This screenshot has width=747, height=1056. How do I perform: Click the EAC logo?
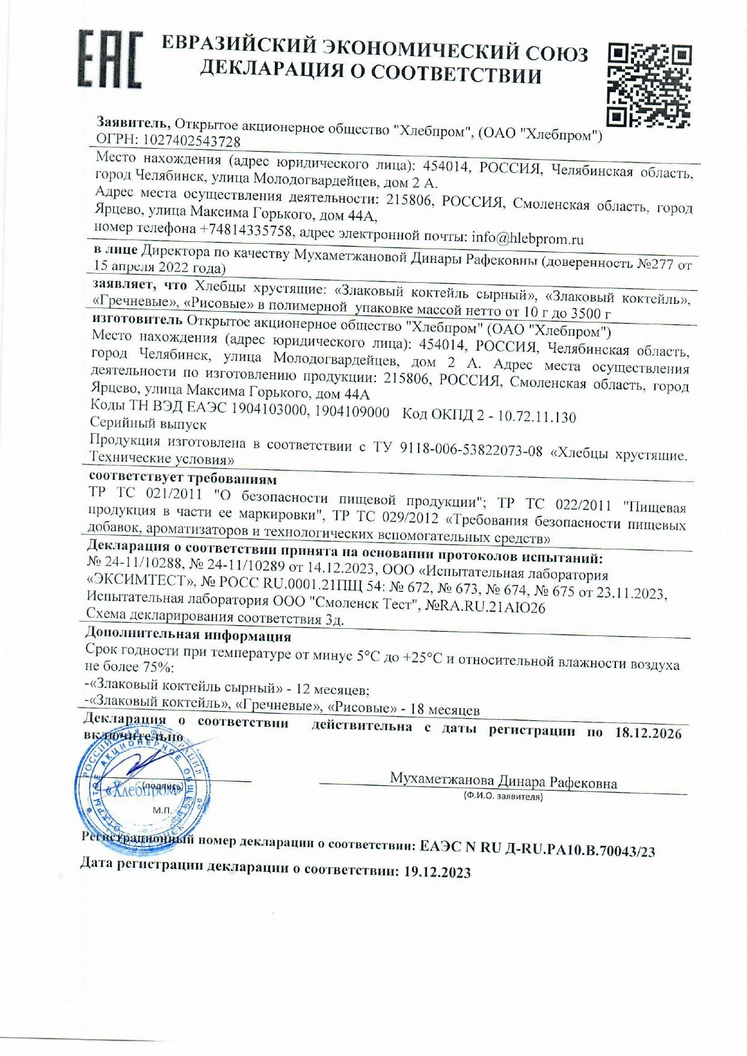109,59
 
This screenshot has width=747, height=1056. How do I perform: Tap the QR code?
649,85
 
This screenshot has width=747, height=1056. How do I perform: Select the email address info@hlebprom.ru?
527,238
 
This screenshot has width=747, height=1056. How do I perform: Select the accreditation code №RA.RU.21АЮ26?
485,607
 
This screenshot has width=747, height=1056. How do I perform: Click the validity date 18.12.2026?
648,733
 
